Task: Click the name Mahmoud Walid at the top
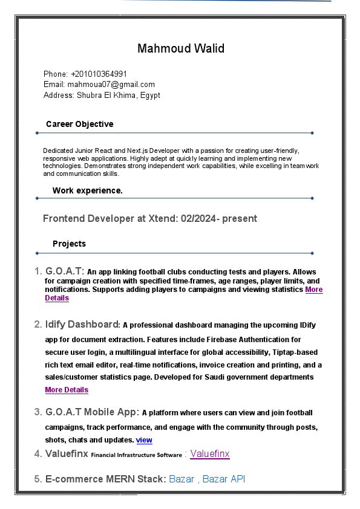coord(180,48)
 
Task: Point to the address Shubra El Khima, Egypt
coord(118,96)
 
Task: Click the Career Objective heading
coord(79,124)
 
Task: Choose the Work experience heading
coord(88,190)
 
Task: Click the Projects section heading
coord(69,244)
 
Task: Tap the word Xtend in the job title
coord(163,218)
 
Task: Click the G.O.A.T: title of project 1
coord(65,271)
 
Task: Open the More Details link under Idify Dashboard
coord(67,390)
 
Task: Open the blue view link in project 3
coord(144,440)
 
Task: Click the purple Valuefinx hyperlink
coord(210,453)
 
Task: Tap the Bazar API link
coord(224,479)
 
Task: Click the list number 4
coord(38,453)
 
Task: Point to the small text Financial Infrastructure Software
coord(136,455)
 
